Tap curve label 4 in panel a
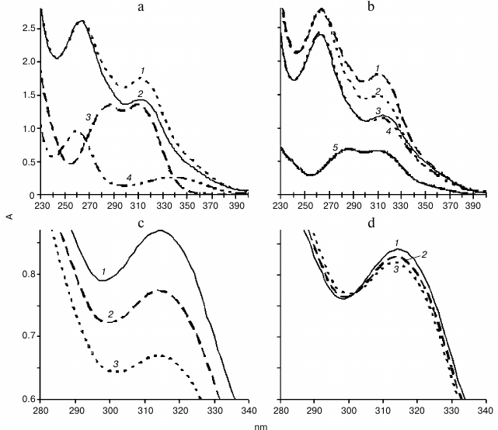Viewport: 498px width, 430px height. pyautogui.click(x=128, y=178)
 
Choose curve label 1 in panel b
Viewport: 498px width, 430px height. pyautogui.click(x=378, y=69)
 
